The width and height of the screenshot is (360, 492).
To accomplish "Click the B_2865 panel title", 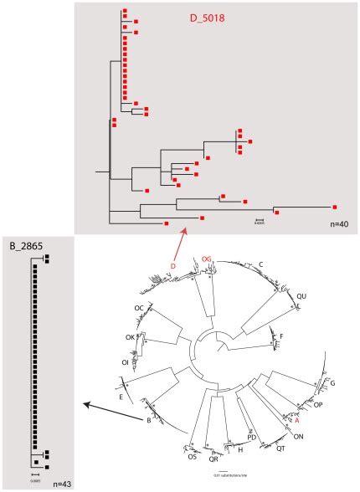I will point(24,246).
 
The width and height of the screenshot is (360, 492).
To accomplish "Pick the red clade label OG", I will point(206,259).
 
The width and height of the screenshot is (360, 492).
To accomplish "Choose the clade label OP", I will point(318,406).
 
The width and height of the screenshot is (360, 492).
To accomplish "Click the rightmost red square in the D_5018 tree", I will point(335,206).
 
